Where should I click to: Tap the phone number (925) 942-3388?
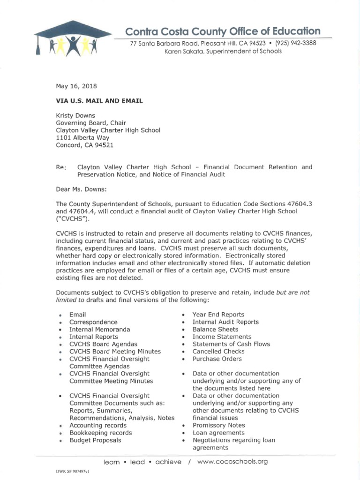coord(296,43)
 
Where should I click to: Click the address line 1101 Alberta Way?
coord(82,138)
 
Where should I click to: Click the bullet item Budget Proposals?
coord(95,440)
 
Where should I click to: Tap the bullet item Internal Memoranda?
coord(100,330)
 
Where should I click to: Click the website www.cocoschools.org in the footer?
coord(232,462)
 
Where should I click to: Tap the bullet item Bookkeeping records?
coord(101,433)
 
